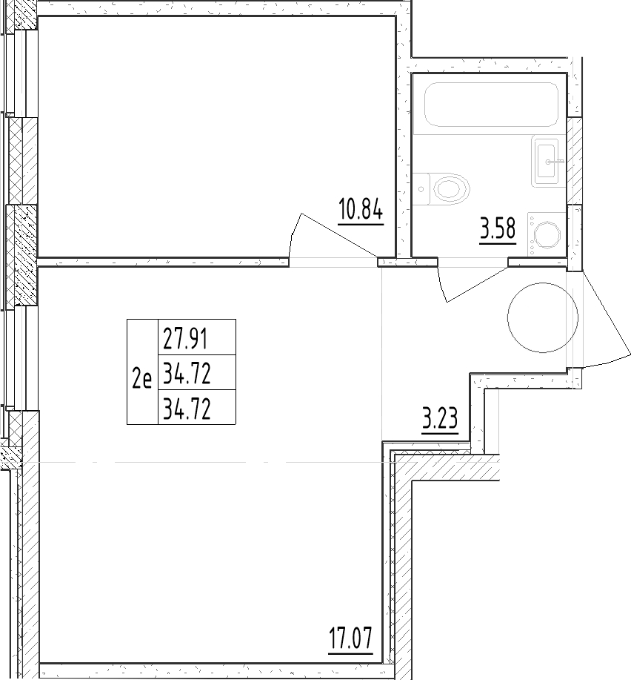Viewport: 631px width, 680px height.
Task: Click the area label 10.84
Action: [361, 211]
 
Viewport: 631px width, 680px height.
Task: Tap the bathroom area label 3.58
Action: [498, 229]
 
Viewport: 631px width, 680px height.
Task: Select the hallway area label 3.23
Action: [440, 420]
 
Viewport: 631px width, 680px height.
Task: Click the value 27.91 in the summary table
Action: [185, 339]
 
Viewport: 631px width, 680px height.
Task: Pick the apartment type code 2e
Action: [142, 379]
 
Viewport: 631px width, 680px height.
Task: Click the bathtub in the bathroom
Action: [491, 105]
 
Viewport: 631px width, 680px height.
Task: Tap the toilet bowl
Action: [451, 189]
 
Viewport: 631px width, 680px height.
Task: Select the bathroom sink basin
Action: [547, 161]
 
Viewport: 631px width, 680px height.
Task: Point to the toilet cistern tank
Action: [421, 189]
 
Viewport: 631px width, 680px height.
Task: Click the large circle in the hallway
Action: [543, 317]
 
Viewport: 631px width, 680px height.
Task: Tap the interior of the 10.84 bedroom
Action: [216, 136]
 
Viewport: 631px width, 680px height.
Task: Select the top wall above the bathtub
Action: [490, 65]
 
